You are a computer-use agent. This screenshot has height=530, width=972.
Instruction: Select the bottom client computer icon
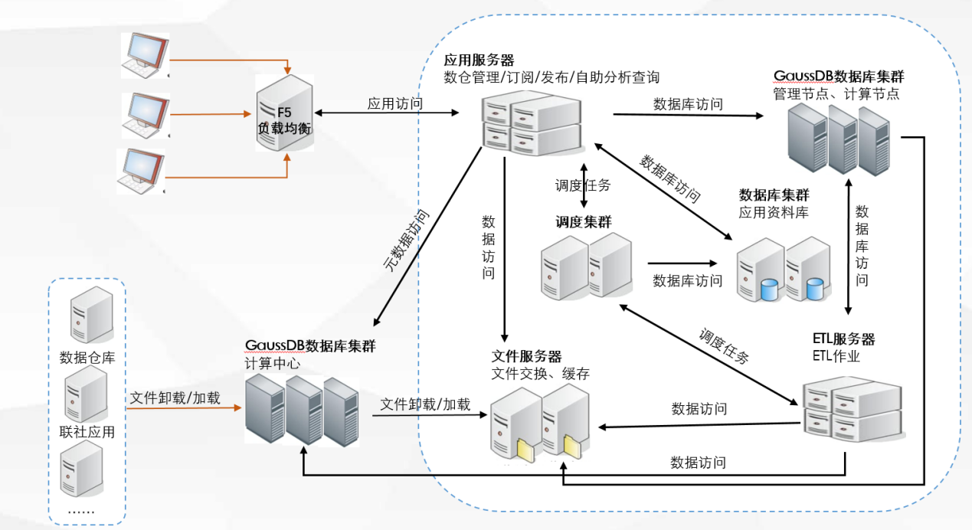click(x=141, y=170)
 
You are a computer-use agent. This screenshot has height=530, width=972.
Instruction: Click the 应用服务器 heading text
click(x=479, y=60)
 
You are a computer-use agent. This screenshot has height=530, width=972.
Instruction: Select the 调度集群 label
click(x=584, y=222)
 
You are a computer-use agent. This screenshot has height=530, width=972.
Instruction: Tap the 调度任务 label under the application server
click(x=584, y=185)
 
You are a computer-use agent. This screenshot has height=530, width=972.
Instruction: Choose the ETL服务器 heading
click(x=843, y=339)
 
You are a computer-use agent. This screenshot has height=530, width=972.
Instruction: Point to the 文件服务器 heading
click(x=526, y=357)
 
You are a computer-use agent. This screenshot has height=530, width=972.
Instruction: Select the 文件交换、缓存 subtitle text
click(x=541, y=374)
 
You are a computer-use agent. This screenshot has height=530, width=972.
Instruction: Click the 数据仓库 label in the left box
click(x=87, y=357)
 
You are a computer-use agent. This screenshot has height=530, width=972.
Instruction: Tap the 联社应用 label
click(x=87, y=432)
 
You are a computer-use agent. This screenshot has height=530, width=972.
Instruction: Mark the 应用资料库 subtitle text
click(x=774, y=212)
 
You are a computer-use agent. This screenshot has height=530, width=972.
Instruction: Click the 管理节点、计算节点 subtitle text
click(x=836, y=94)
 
